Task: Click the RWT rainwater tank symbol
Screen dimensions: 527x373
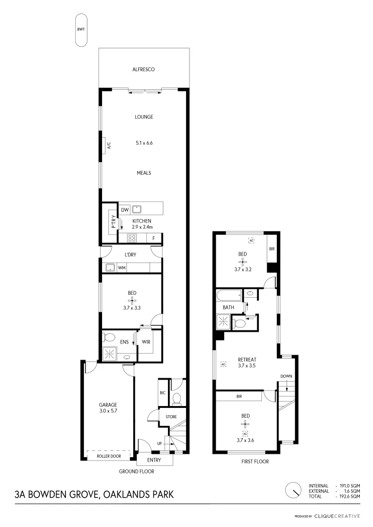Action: (81, 30)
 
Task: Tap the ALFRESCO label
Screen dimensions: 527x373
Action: (144, 70)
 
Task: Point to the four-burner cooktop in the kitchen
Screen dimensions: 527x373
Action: (132, 238)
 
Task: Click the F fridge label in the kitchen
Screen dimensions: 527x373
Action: (154, 238)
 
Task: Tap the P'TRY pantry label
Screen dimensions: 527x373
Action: (113, 223)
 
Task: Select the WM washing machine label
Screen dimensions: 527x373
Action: (121, 268)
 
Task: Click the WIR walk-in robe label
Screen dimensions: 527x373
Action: (146, 342)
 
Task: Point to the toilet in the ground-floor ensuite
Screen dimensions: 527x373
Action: (109, 337)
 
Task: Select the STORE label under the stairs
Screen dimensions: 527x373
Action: (170, 417)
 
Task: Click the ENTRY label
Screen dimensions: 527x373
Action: (154, 460)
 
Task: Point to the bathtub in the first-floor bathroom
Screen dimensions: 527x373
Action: (229, 295)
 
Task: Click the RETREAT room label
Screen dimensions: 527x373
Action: (247, 359)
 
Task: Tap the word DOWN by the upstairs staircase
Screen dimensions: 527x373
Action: (286, 376)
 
